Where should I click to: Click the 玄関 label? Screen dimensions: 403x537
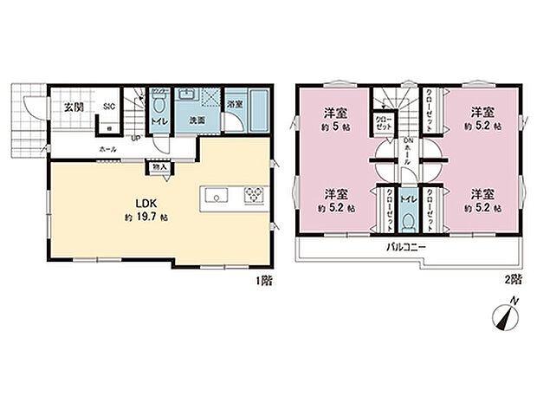click(71, 107)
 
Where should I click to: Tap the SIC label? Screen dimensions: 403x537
click(109, 107)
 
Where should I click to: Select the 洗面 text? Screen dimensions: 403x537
click(197, 120)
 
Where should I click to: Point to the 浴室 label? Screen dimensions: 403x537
click(234, 104)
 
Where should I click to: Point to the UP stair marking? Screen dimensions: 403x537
click(136, 138)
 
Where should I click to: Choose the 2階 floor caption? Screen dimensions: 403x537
click(514, 280)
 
